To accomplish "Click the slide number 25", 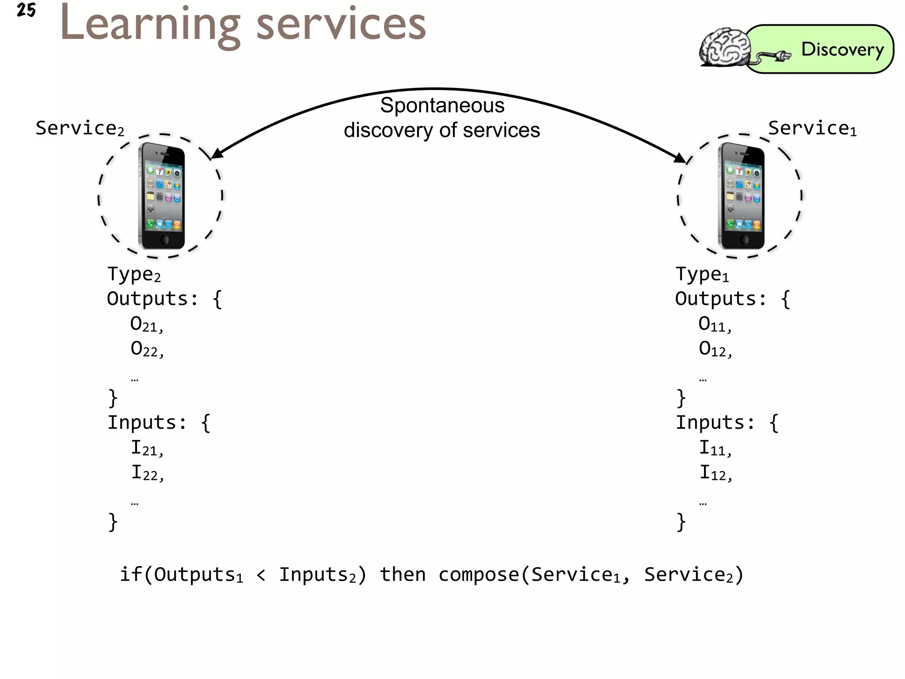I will (x=26, y=10).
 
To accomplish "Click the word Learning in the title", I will (x=150, y=25).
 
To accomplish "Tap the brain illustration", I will (x=724, y=48).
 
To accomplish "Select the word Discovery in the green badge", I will (x=842, y=49).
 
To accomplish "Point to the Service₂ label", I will (x=80, y=128).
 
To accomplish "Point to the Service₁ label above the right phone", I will (x=812, y=128).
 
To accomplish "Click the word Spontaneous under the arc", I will (x=442, y=106).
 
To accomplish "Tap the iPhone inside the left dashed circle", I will (x=162, y=196).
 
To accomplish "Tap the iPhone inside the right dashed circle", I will (x=741, y=196).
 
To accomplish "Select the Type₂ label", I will (x=134, y=275).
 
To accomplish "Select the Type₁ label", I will (x=702, y=275).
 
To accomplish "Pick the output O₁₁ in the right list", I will (x=715, y=324).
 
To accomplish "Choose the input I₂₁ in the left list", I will (x=147, y=448).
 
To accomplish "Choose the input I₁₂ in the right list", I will (x=715, y=473).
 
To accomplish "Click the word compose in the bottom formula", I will (x=479, y=575).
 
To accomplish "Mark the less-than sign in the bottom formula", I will (x=261, y=575).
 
